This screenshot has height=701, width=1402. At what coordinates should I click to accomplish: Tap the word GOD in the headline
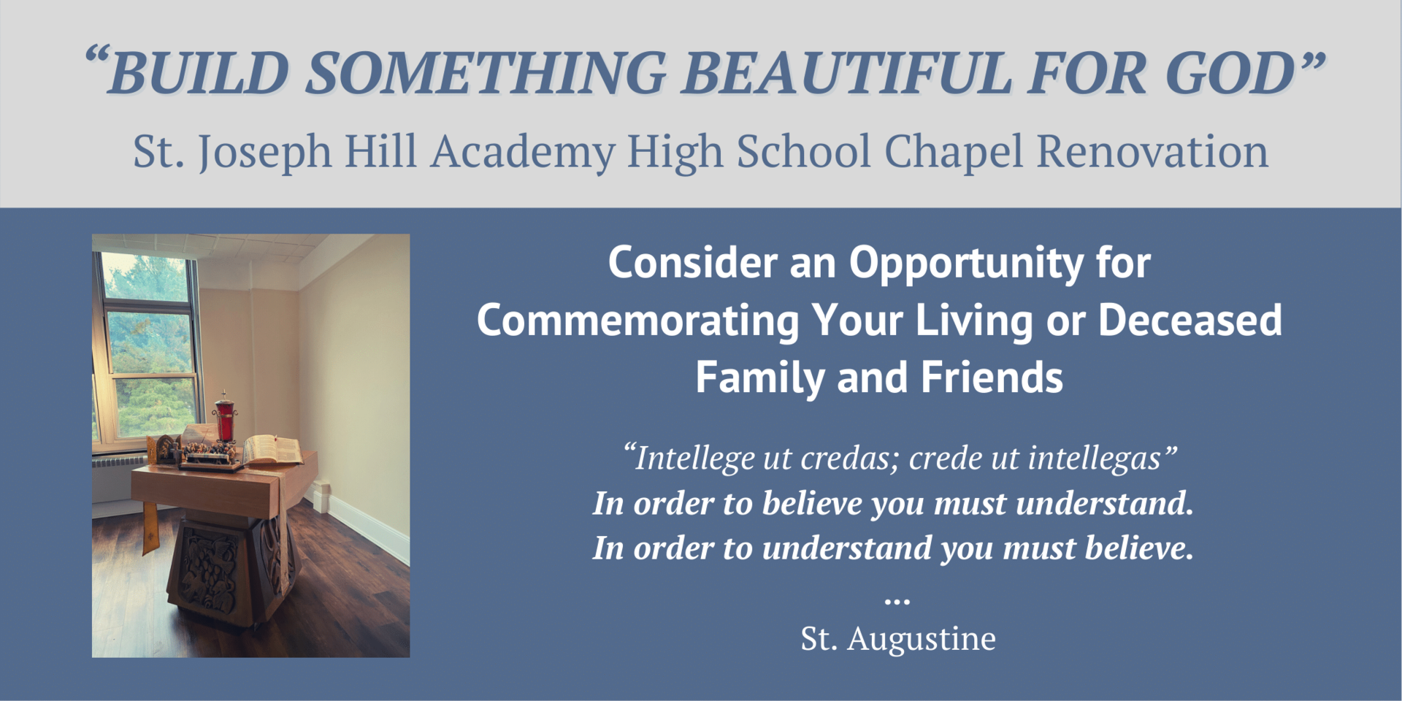click(x=1230, y=73)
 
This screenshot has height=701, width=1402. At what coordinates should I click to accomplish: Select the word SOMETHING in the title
click(x=486, y=73)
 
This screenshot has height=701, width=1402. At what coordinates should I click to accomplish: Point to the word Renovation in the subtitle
click(x=1152, y=151)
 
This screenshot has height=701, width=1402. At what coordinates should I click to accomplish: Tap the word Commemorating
click(x=638, y=321)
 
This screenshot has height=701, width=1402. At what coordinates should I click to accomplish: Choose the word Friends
click(x=992, y=378)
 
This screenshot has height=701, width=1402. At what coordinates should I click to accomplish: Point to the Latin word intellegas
click(x=1095, y=459)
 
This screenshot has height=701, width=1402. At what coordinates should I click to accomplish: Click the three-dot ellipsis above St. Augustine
click(x=897, y=602)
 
